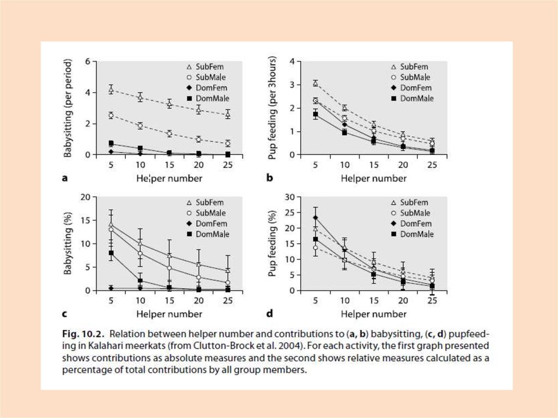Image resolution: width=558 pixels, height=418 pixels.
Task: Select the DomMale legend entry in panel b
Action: point(413,99)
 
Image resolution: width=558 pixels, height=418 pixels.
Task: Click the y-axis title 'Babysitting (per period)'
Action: point(68,108)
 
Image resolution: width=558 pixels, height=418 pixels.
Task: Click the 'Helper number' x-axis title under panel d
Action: point(374,314)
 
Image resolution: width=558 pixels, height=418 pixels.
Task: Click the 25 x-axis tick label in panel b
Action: point(431,165)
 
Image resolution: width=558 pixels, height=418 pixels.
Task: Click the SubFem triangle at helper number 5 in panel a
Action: point(111,89)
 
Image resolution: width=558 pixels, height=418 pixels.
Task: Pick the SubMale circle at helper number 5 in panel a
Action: point(111,116)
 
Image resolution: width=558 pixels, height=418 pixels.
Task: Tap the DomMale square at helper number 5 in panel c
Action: point(111,253)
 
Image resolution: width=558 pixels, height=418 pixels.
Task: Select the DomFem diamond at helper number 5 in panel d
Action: point(315,217)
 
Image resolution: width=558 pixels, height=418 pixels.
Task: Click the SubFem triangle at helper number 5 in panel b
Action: point(315,83)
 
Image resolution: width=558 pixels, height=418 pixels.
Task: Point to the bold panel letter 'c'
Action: point(64,314)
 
